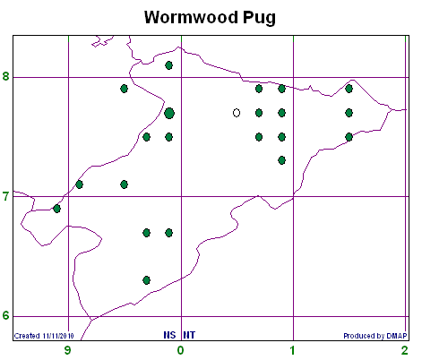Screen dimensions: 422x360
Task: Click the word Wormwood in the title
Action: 192,17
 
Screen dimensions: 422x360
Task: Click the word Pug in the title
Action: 259,18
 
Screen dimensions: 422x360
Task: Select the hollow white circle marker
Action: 237,113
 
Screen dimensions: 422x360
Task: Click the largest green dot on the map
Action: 169,113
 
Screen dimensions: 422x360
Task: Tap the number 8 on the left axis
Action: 5,76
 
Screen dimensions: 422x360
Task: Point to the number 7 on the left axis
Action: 5,197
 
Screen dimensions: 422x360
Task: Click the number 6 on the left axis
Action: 5,315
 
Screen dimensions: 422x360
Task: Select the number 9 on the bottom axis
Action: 68,350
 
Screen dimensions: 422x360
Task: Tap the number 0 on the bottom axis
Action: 180,350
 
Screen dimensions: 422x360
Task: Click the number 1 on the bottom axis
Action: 293,350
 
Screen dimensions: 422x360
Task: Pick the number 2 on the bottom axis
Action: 405,350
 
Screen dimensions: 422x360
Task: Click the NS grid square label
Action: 169,335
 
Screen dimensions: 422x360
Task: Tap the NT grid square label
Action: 189,335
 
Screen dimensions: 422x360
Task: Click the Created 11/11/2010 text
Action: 44,336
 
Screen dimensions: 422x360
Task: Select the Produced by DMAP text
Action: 375,336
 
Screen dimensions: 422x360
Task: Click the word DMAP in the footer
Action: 397,336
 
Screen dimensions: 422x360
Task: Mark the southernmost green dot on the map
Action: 146,280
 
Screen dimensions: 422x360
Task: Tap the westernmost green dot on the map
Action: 56,209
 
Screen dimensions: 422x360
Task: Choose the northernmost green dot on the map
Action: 168,65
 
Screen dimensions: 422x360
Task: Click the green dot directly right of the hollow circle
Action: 259,113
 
